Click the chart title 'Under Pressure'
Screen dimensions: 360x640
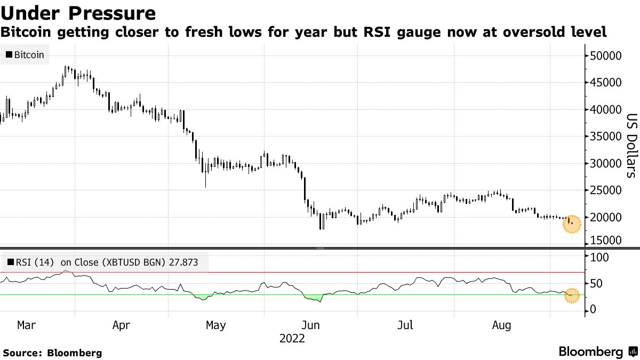tap(78, 13)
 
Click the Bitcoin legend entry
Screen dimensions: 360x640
tap(25, 54)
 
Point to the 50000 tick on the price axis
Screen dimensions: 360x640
tap(606, 56)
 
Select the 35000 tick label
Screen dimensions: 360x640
tap(606, 137)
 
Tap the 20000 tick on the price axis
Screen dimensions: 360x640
tap(606, 217)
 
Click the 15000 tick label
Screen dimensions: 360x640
tap(606, 241)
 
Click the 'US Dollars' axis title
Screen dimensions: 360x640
tap(631, 146)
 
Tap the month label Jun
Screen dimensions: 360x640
tap(310, 325)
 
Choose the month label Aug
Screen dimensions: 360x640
tap(501, 325)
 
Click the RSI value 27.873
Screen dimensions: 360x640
tap(186, 262)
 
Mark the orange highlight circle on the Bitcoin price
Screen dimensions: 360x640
tap(571, 225)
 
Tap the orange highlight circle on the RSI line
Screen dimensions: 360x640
tap(571, 295)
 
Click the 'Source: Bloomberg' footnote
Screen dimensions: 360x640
tap(52, 353)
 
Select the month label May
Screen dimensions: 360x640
tap(215, 325)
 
